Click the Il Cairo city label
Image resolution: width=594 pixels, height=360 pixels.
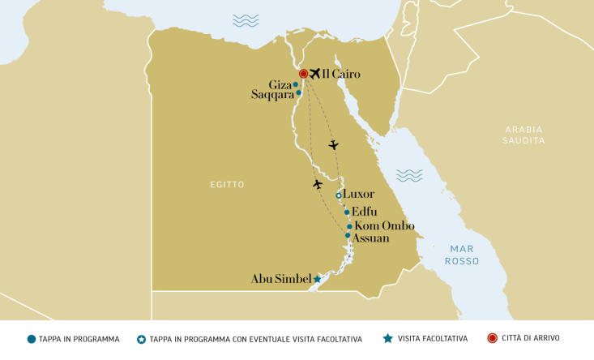[340, 75]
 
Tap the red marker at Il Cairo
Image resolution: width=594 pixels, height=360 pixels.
[304, 74]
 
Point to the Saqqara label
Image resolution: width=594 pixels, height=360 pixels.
[271, 94]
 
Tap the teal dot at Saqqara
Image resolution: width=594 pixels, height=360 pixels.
[298, 92]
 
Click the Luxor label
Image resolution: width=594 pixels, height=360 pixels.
[358, 195]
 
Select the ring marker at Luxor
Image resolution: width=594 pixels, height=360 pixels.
[339, 195]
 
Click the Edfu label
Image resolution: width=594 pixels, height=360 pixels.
[365, 212]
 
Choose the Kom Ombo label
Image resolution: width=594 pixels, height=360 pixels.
[385, 226]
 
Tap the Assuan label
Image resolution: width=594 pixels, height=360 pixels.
[372, 238]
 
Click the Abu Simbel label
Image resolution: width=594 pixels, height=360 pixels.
[281, 279]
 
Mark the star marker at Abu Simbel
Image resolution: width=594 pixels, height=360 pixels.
[317, 279]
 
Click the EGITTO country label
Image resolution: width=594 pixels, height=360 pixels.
[227, 185]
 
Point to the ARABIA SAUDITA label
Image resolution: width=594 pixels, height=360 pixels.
[523, 135]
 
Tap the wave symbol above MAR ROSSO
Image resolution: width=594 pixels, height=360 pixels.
[409, 175]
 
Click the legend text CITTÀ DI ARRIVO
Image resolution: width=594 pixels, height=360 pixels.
[530, 338]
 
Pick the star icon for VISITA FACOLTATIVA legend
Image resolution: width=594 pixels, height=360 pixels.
[388, 338]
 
